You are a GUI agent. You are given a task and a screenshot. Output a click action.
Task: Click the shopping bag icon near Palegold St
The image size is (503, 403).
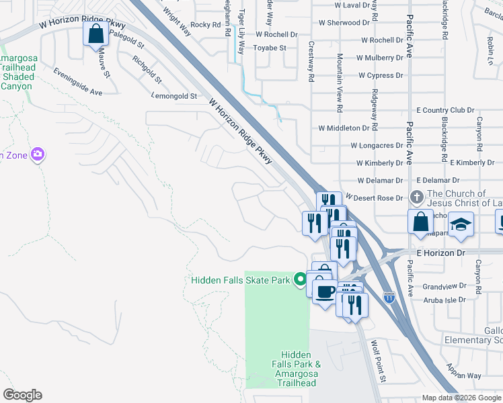tap(95, 33)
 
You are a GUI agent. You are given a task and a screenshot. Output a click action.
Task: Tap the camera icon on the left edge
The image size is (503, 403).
tap(38, 155)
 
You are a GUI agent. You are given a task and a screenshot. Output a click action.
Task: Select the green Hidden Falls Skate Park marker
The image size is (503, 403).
tap(300, 279)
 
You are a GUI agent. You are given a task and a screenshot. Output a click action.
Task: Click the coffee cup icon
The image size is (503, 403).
tap(325, 292)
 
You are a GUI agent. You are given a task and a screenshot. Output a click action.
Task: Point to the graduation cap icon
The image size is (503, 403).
tap(461, 224)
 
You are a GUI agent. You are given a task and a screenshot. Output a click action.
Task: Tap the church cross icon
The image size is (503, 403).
tap(416, 197)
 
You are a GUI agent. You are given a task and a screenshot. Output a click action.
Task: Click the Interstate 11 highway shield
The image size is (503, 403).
tap(389, 296)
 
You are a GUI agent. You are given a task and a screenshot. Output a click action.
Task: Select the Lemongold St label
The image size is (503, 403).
tap(174, 97)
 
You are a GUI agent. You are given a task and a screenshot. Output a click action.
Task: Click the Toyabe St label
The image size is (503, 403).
tap(270, 48)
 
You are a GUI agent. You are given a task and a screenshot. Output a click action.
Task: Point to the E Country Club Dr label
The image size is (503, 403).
tap(445, 110)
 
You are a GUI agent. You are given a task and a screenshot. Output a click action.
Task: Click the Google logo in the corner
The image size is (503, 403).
tap(22, 395)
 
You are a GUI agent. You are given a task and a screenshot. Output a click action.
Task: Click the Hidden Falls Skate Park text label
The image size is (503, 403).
tap(241, 280)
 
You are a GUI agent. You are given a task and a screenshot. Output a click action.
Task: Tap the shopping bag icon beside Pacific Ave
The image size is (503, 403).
tap(420, 221)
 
